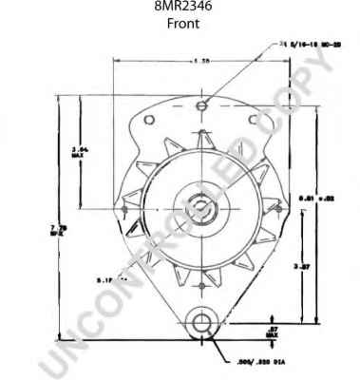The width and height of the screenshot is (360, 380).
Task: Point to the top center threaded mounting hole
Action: point(202,100)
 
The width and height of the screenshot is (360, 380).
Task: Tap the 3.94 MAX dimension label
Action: point(80,151)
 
